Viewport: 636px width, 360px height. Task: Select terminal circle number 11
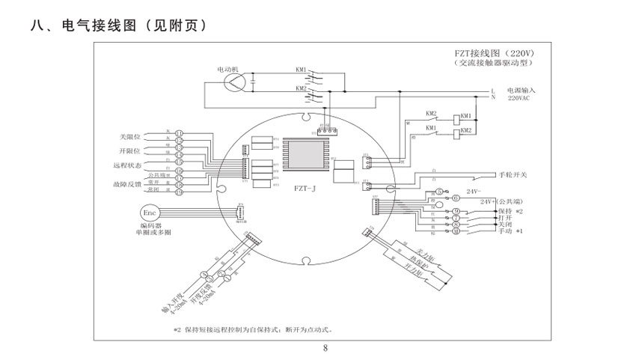(180, 132)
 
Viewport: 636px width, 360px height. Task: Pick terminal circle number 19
(180, 192)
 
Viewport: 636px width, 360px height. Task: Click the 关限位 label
(129, 136)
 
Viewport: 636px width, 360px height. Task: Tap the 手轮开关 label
(514, 174)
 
